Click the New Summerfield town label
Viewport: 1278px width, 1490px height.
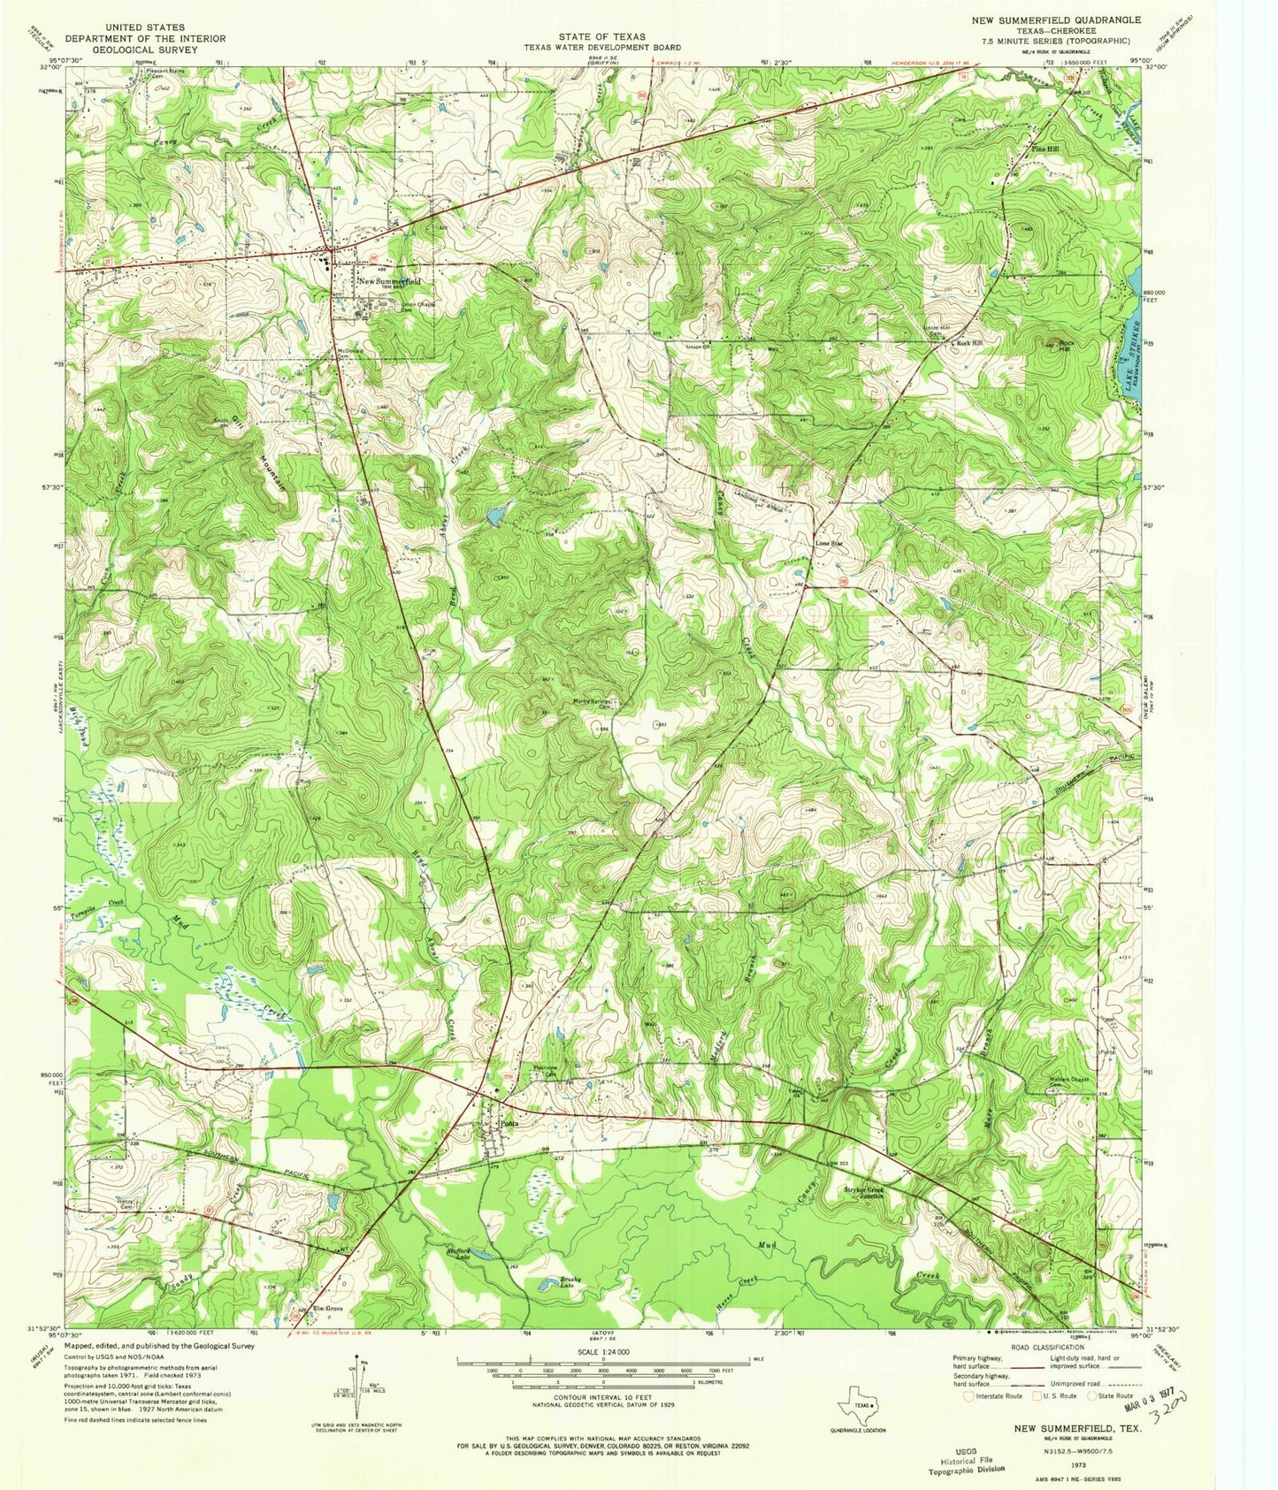390,281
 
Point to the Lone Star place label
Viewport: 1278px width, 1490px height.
829,544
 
